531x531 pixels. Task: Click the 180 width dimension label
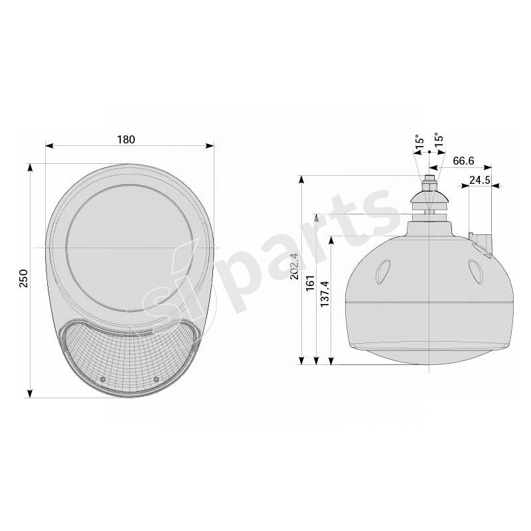[126, 139]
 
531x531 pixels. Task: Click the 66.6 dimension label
[463, 161]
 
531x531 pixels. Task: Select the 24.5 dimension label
[479, 180]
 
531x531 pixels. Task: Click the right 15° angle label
[439, 141]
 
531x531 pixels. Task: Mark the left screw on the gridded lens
[102, 379]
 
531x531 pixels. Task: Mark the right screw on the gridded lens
[156, 379]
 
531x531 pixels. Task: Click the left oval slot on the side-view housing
[383, 271]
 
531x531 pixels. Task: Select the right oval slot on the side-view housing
[475, 270]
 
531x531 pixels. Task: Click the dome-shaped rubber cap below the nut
[429, 196]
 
